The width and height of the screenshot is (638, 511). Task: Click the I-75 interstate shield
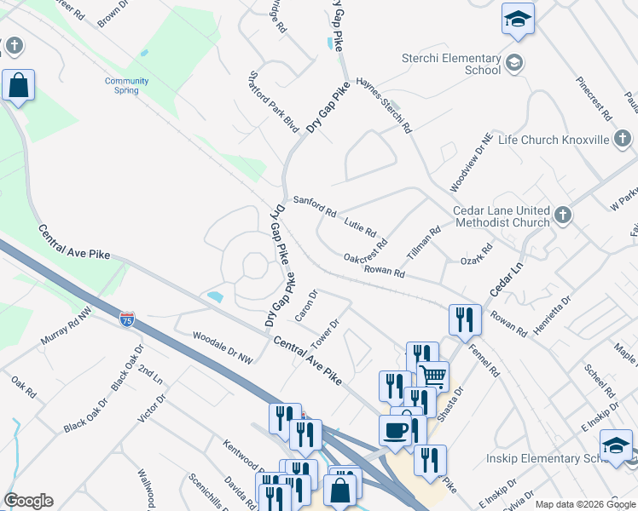(126, 319)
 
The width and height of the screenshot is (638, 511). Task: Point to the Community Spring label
(127, 85)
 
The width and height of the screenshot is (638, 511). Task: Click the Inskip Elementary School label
(557, 459)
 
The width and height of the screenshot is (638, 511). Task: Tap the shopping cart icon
(433, 375)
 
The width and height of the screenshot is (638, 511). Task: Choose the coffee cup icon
(395, 429)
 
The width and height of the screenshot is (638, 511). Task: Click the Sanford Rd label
(315, 205)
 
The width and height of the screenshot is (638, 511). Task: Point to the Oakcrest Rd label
(365, 249)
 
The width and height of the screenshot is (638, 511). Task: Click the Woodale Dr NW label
(223, 347)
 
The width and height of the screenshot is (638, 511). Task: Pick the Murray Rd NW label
(66, 328)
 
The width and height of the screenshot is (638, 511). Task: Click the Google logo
(28, 501)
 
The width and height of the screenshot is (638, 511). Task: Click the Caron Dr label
(306, 306)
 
